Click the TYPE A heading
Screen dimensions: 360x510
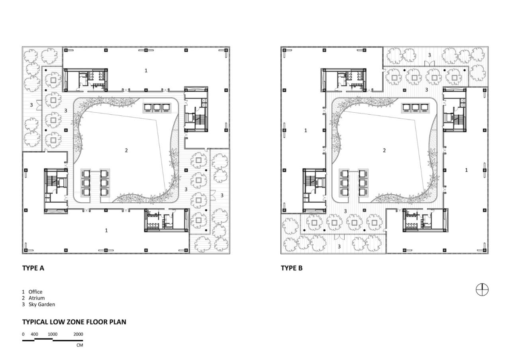coord(33,268)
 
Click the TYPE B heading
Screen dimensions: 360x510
coord(292,268)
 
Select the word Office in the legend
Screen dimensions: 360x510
coord(35,292)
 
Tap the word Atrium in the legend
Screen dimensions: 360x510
coord(36,298)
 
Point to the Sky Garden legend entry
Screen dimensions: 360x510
coord(41,304)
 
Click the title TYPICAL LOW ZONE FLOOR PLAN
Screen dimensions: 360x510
coord(74,322)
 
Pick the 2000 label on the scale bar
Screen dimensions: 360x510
coord(78,334)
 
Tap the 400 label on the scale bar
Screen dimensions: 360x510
coord(35,334)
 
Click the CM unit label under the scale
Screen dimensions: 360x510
coord(80,345)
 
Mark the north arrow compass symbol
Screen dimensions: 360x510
coord(482,290)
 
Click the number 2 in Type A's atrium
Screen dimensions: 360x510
coord(126,151)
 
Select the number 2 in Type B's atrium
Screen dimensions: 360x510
coord(384,151)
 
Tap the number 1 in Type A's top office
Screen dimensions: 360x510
coord(146,70)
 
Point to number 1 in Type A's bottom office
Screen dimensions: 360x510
coord(106,230)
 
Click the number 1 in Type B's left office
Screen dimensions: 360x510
coord(306,131)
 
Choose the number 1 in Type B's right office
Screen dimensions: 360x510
coord(467,170)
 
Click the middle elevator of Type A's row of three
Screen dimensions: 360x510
coord(154,108)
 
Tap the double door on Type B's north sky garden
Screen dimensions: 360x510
coord(429,63)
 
